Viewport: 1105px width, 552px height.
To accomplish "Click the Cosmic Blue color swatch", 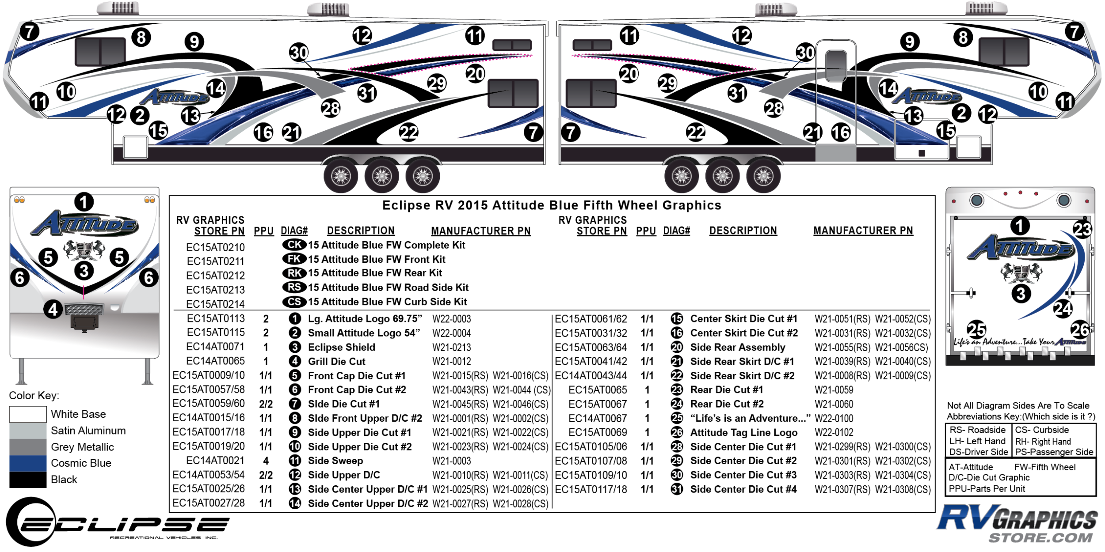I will (x=27, y=463).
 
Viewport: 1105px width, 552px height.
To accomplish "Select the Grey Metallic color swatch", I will (x=27, y=447).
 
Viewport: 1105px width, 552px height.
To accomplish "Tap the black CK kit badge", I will (x=294, y=245).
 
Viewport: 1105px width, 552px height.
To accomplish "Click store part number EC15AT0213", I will (x=215, y=290).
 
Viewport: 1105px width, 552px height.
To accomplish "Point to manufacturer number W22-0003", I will (x=451, y=319).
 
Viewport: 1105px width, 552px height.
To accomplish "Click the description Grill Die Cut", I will (x=336, y=362).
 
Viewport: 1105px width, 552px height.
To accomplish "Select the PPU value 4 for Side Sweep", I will (x=266, y=461).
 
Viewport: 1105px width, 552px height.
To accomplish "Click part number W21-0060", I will (x=834, y=404).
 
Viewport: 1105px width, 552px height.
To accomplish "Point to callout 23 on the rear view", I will (x=1082, y=229).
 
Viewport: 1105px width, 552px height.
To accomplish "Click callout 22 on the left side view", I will (x=408, y=132).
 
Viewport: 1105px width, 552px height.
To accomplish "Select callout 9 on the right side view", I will (x=910, y=42).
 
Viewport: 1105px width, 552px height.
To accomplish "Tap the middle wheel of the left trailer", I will (x=382, y=177).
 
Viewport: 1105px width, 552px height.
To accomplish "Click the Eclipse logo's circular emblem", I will (x=31, y=522).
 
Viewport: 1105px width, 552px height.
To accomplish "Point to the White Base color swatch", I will (x=27, y=414).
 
